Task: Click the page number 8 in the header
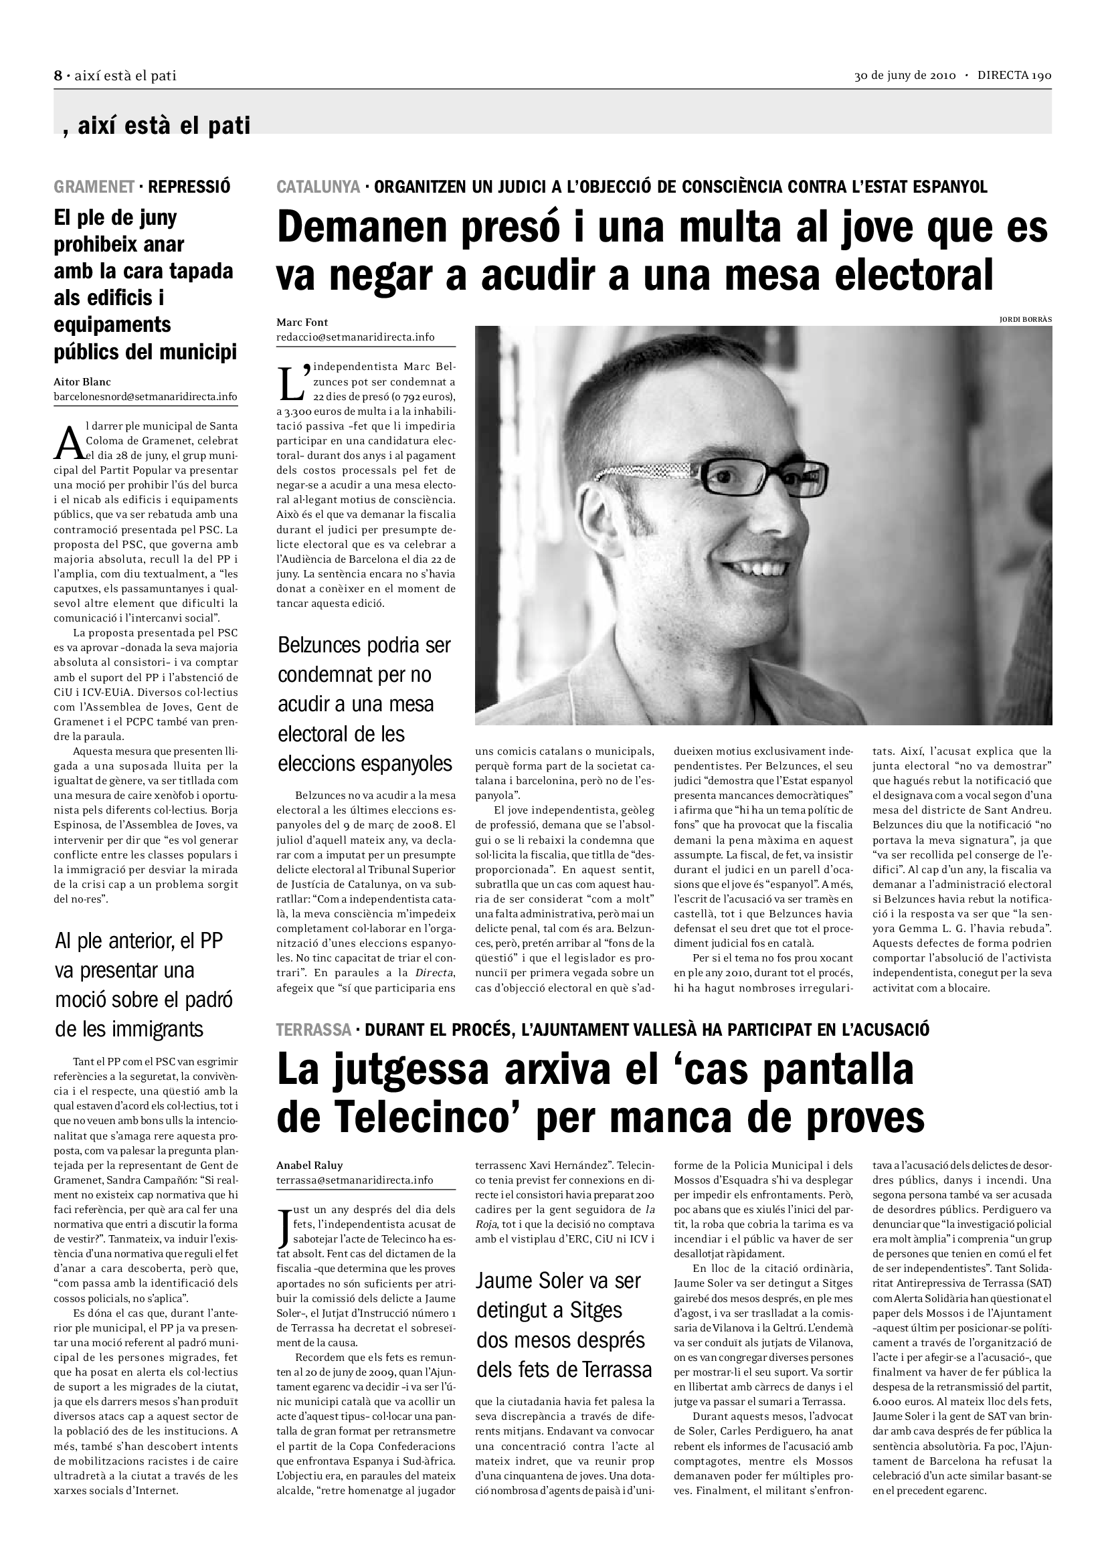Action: (58, 76)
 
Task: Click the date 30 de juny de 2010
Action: (906, 76)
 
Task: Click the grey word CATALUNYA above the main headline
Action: (318, 186)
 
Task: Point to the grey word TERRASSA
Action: (314, 1030)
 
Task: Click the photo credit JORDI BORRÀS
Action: (1025, 319)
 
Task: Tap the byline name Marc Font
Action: (302, 323)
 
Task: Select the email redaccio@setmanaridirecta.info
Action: (355, 337)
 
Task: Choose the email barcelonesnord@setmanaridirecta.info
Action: (146, 397)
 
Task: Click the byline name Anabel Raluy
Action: (309, 1165)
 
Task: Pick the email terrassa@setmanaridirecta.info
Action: (355, 1180)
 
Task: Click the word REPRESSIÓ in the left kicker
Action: (189, 186)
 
